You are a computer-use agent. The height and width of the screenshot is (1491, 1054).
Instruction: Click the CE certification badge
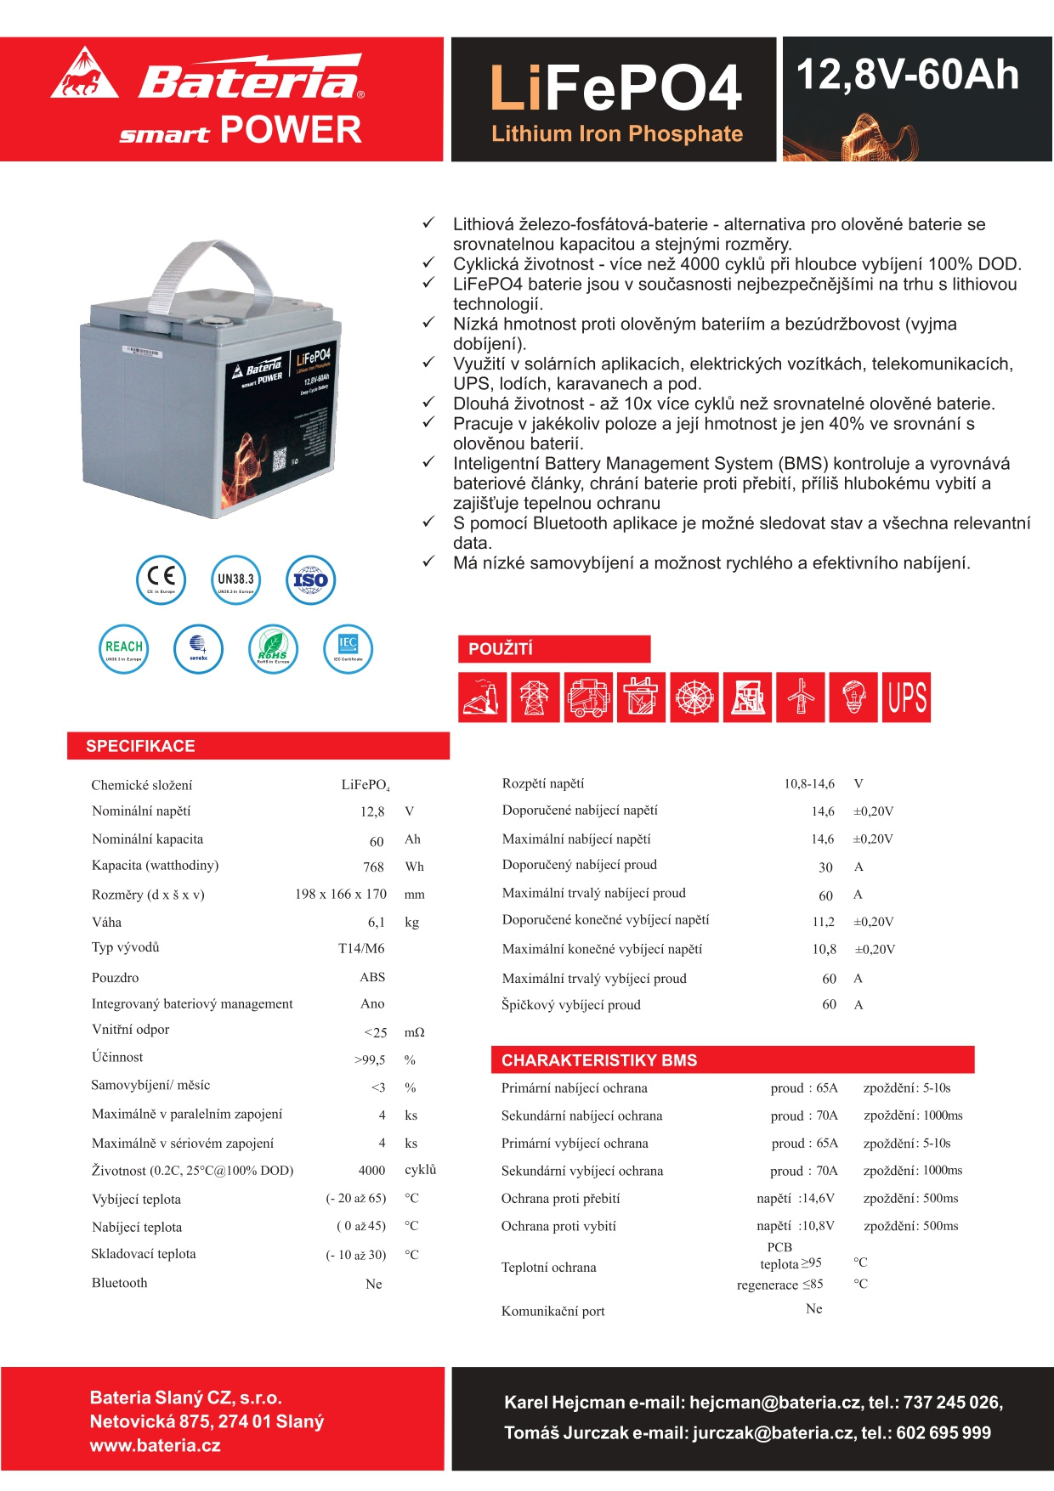pyautogui.click(x=161, y=580)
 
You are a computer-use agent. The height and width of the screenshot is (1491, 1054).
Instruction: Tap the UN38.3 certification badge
pyautogui.click(x=235, y=580)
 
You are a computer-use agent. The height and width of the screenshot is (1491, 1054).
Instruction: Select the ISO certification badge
pyautogui.click(x=310, y=580)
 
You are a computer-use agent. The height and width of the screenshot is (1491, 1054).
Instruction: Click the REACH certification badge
pyautogui.click(x=124, y=648)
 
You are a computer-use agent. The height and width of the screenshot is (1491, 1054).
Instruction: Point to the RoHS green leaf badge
pyautogui.click(x=273, y=648)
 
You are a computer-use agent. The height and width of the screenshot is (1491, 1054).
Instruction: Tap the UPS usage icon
pyautogui.click(x=907, y=697)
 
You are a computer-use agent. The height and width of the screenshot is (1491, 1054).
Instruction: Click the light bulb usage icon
pyautogui.click(x=853, y=697)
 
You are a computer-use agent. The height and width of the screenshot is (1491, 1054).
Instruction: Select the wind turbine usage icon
pyautogui.click(x=801, y=697)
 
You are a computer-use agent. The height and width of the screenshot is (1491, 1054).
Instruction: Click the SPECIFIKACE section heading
pyautogui.click(x=140, y=746)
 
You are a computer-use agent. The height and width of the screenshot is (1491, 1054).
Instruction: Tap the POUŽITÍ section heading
pyautogui.click(x=501, y=649)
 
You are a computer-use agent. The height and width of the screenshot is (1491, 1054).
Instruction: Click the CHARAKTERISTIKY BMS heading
pyautogui.click(x=599, y=1060)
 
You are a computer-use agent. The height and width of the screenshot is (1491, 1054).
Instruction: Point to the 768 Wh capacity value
pyautogui.click(x=373, y=867)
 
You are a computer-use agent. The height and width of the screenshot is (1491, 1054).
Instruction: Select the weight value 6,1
pyautogui.click(x=377, y=922)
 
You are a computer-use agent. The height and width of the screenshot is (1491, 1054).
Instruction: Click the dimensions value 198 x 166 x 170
pyautogui.click(x=340, y=894)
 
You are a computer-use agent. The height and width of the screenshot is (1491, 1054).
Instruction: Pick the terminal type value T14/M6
pyautogui.click(x=361, y=948)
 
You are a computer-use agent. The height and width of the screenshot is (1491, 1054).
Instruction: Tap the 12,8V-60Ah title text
pyautogui.click(x=907, y=75)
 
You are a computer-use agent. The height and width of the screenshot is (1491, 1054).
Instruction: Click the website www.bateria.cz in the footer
pyautogui.click(x=156, y=1445)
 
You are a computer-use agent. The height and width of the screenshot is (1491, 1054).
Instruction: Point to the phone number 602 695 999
pyautogui.click(x=943, y=1433)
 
